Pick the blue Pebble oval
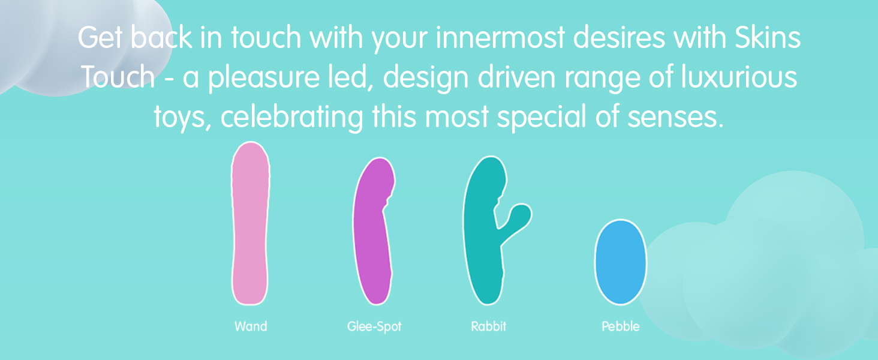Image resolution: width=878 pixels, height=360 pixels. point(621,262)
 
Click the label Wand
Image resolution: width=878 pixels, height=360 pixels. point(251,326)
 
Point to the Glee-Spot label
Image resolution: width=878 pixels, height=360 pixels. point(374,326)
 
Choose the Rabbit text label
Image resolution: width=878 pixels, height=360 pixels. point(488,326)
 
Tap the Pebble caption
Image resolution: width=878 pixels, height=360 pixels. point(621,326)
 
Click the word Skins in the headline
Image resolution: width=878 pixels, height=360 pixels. point(768,38)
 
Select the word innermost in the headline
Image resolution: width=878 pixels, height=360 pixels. point(500,38)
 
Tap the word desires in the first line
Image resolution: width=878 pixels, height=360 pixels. point(619,38)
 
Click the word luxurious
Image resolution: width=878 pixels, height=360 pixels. point(739,77)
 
